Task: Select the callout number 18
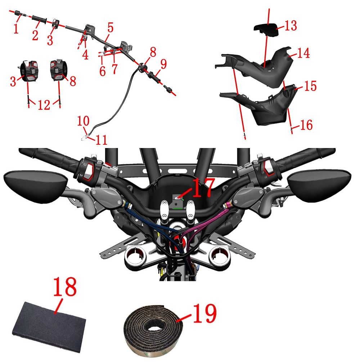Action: pos(65,286)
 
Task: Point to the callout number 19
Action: pos(204,313)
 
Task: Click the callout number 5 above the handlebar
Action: pos(111,28)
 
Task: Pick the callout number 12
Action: pos(44,105)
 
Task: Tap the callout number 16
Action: pos(306,125)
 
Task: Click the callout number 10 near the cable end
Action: pos(83,121)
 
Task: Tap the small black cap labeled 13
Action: pos(266,30)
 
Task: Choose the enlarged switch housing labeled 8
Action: pos(59,70)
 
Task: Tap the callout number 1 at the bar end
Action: pos(16,28)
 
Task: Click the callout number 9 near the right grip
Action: pos(163,64)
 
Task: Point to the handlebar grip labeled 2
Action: pos(40,19)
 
